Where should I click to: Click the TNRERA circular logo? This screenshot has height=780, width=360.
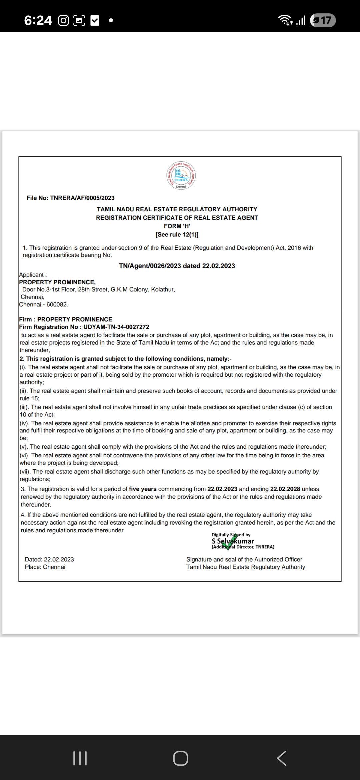tap(181, 175)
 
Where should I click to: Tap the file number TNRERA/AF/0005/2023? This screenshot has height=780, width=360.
tap(82, 198)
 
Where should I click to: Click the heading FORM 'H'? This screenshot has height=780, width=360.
tap(177, 226)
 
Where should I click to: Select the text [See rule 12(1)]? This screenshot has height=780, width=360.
tap(177, 235)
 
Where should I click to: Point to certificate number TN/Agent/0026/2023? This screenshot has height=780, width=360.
tap(150, 266)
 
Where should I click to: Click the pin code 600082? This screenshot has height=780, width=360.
tap(57, 305)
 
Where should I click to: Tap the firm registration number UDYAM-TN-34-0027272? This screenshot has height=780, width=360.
tap(116, 327)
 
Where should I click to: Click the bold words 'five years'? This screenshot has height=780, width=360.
tap(143, 489)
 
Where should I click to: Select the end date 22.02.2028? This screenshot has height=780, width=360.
tap(285, 489)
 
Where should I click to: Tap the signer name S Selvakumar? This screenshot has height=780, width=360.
tap(233, 541)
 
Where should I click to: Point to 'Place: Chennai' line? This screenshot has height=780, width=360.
tap(45, 567)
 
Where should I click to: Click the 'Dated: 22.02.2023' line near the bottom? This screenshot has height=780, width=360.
tap(49, 559)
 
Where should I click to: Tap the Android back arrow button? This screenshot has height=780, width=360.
tap(281, 758)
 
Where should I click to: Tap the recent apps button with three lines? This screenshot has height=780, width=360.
tap(80, 758)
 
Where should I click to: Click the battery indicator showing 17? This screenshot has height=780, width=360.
tap(323, 21)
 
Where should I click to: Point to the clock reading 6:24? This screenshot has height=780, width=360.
tap(38, 21)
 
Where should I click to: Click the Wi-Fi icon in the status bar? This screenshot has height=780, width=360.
tap(286, 21)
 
